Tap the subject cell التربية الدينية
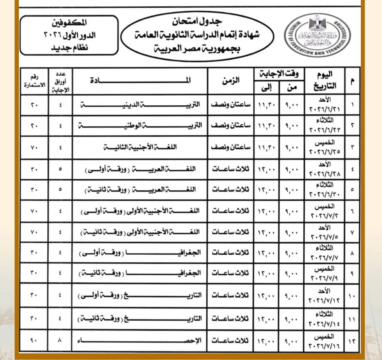point(140,104)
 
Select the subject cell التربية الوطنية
point(140,126)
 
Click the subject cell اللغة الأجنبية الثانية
point(140,148)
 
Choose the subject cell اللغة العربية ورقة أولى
point(140,169)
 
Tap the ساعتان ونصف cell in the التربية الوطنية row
point(231,126)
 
